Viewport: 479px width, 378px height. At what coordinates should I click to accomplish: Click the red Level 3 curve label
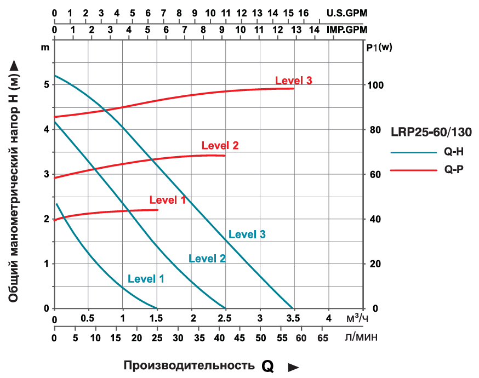tap(293, 81)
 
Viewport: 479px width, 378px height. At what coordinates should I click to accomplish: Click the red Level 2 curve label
tap(220, 146)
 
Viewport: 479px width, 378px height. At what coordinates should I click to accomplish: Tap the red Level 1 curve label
tap(167, 200)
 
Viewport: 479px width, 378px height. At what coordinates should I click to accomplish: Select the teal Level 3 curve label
tap(247, 234)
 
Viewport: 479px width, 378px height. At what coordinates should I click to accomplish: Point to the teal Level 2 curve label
tap(207, 259)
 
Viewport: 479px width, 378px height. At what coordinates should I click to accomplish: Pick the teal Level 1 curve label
tap(146, 278)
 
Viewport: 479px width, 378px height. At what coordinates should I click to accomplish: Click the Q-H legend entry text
tap(454, 153)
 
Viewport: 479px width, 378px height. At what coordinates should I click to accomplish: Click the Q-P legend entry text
tap(454, 170)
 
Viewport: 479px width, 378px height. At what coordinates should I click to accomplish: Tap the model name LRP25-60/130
tap(431, 132)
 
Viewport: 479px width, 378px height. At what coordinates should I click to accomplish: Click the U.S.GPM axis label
tap(346, 12)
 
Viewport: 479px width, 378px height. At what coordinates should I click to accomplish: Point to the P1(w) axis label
tap(379, 47)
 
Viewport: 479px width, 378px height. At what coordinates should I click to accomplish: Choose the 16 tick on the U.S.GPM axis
tap(304, 12)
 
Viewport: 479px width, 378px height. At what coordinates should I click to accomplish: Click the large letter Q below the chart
tap(267, 366)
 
